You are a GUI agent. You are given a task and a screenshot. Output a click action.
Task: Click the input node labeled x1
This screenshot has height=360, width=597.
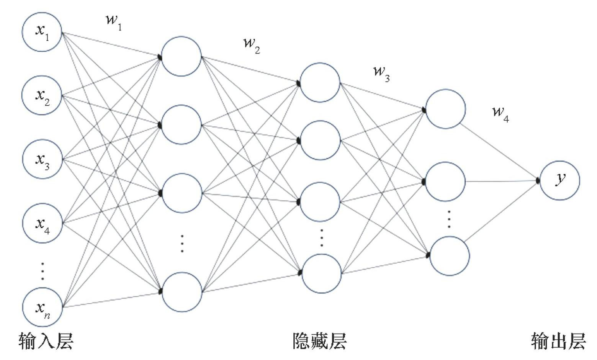pyautogui.click(x=42, y=32)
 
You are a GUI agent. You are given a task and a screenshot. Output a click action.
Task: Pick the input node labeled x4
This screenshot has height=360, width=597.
pyautogui.click(x=42, y=224)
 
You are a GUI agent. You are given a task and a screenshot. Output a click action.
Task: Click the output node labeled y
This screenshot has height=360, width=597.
pyautogui.click(x=559, y=180)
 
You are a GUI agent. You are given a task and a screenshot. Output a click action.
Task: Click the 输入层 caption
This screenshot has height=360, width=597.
pyautogui.click(x=46, y=341)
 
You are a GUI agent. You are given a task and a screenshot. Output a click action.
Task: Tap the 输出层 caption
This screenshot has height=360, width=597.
pyautogui.click(x=558, y=341)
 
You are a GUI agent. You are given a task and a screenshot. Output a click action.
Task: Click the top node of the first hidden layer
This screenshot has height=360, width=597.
pyautogui.click(x=181, y=56)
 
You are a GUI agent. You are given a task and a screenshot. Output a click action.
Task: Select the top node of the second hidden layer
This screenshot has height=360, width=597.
pyautogui.click(x=320, y=82)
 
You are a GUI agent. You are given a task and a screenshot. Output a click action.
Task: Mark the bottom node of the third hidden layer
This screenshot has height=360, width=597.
pyautogui.click(x=450, y=255)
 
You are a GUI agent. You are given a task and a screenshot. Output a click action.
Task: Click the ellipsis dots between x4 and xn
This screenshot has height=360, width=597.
pyautogui.click(x=43, y=271)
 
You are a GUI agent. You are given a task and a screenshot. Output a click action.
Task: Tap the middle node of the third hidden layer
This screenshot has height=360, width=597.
pyautogui.click(x=445, y=182)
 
